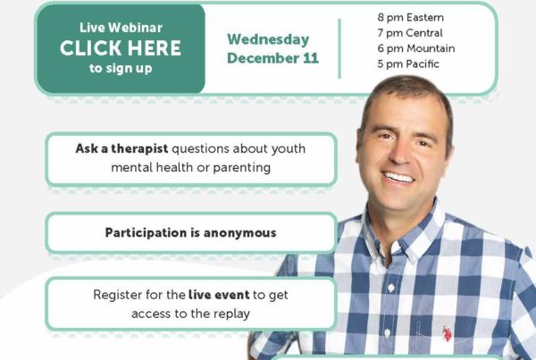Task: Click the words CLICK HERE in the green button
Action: click(121, 48)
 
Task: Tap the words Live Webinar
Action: click(121, 28)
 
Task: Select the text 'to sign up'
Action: click(121, 69)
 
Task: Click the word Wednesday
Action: click(268, 39)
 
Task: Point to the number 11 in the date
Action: click(311, 58)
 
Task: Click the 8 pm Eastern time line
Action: click(411, 18)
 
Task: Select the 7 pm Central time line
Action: click(410, 33)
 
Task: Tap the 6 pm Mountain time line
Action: click(416, 48)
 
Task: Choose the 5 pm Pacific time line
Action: click(408, 64)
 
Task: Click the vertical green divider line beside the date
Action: click(339, 48)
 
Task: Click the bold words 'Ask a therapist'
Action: click(121, 148)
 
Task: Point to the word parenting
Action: click(242, 168)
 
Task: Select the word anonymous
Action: click(240, 233)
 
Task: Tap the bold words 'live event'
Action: click(219, 295)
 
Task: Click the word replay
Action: click(231, 314)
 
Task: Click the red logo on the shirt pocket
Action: click(447, 334)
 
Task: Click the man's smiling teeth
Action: click(398, 178)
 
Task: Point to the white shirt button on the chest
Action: click(391, 288)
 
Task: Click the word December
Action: click(263, 58)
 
